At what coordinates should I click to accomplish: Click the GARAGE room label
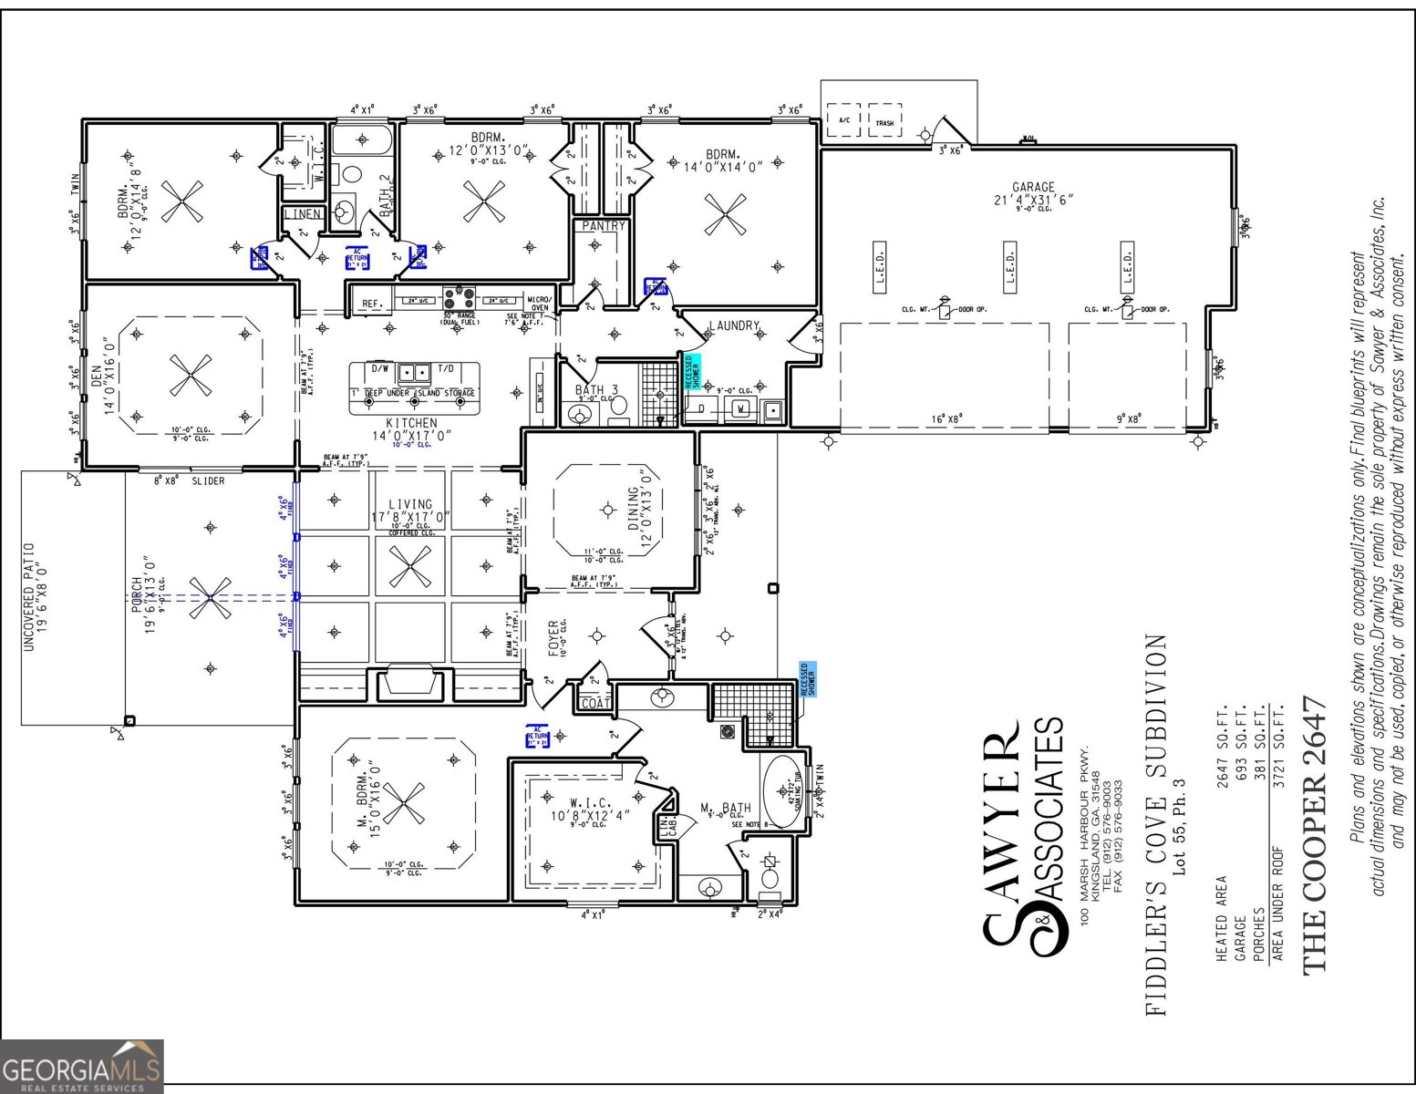(x=1032, y=187)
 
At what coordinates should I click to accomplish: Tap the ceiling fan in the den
(x=191, y=376)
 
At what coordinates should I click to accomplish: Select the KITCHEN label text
(x=411, y=423)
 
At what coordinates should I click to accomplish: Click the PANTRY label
(x=603, y=226)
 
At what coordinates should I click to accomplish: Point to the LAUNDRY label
(x=734, y=325)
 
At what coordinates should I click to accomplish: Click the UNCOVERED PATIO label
(x=29, y=597)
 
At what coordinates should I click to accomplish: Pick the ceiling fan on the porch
(x=211, y=598)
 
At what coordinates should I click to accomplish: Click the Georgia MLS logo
(x=82, y=1067)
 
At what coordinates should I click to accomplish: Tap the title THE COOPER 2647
(x=1313, y=834)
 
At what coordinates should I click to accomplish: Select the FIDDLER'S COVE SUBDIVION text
(x=1155, y=825)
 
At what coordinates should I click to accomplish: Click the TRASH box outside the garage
(x=884, y=122)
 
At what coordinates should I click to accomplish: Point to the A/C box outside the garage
(x=842, y=120)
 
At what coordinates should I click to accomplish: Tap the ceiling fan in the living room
(x=411, y=566)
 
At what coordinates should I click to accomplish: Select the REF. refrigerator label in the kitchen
(x=371, y=304)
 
